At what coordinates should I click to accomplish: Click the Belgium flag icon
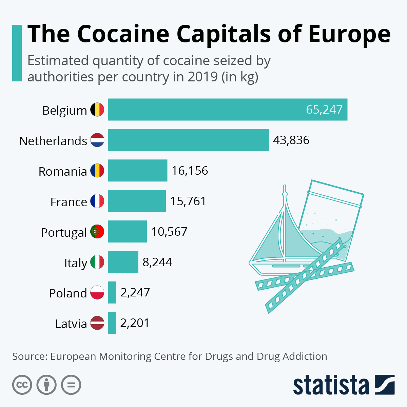coord(97,110)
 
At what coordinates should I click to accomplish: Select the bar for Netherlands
coord(188,140)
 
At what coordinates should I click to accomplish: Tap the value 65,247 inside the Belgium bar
coord(324,110)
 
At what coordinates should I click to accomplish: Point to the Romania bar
coord(137,170)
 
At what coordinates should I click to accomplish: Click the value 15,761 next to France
coord(188,201)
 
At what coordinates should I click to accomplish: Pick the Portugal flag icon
coord(97,232)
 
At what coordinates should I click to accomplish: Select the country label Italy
coord(76,263)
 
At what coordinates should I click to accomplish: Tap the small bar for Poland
coord(112,292)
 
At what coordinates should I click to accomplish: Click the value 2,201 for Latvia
coord(135,323)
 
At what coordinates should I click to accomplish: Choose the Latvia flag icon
coord(97,323)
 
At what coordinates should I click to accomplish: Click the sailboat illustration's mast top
coord(285,189)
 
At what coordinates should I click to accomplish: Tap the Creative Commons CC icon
coord(22,385)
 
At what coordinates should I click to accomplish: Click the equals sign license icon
coord(71,385)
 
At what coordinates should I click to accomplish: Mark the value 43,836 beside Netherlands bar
coord(291,140)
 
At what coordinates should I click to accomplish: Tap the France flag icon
coord(97,201)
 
